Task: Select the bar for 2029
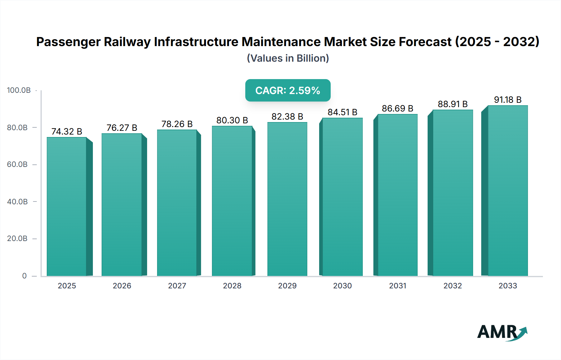tap(287, 199)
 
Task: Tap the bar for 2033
tap(507, 191)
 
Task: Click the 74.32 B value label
tap(67, 131)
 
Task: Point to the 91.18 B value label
tap(507, 100)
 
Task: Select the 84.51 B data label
tap(342, 112)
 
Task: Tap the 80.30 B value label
tap(232, 120)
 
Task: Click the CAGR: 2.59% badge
tap(288, 90)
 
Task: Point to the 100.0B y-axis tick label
tap(19, 90)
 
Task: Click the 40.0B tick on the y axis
tap(17, 202)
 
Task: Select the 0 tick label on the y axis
tap(24, 276)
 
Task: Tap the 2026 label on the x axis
tap(122, 286)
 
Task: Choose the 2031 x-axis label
tap(397, 286)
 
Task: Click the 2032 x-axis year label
tap(453, 286)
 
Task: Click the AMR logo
tap(502, 332)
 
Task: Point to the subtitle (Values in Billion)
tap(288, 58)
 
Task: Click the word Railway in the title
tap(127, 42)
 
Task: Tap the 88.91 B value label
tap(453, 104)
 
